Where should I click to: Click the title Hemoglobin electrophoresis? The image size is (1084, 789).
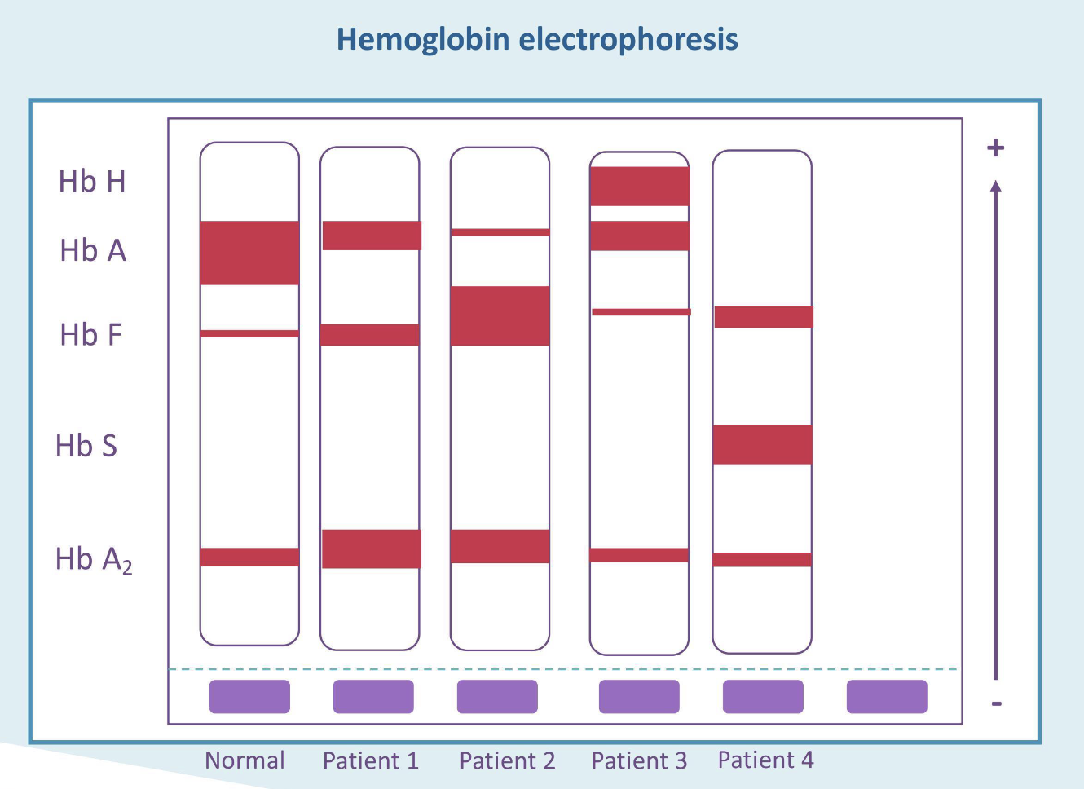coord(537,39)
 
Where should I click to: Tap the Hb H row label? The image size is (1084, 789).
coord(92,181)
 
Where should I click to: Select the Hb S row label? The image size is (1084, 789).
coord(86,446)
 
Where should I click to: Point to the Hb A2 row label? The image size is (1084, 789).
coord(93,559)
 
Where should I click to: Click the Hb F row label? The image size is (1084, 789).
coord(90,334)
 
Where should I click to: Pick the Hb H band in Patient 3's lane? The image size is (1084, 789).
coord(639,186)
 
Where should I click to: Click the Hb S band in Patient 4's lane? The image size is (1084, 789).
coord(762,444)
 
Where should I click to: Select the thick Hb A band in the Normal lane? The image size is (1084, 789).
coord(249,253)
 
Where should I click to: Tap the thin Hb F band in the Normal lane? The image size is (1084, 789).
coord(249,333)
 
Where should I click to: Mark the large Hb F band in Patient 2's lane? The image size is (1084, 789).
coord(500,315)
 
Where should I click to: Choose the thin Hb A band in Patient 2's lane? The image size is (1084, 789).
coord(500,232)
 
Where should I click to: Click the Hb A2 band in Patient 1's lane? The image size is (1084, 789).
coord(371,549)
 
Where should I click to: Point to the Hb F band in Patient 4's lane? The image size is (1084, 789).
coord(764,316)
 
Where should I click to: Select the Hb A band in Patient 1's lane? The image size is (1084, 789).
coord(372,236)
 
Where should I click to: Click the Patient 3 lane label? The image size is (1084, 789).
coord(639,760)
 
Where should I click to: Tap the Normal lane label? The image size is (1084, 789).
coord(245,760)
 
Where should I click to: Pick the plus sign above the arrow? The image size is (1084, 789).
coord(995,148)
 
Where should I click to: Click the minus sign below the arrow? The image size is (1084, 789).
coord(996,703)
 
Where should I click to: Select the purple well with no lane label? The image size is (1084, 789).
coord(887,697)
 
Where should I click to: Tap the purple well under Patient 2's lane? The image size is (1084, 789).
coord(497,697)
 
